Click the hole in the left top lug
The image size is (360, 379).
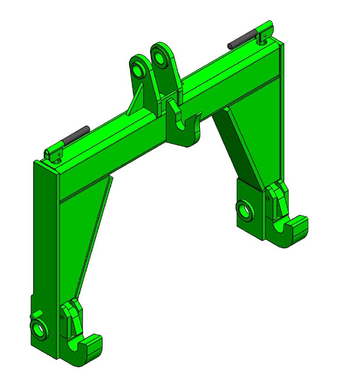(140, 70)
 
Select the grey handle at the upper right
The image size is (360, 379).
(241, 40)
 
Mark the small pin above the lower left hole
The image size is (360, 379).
(33, 316)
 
